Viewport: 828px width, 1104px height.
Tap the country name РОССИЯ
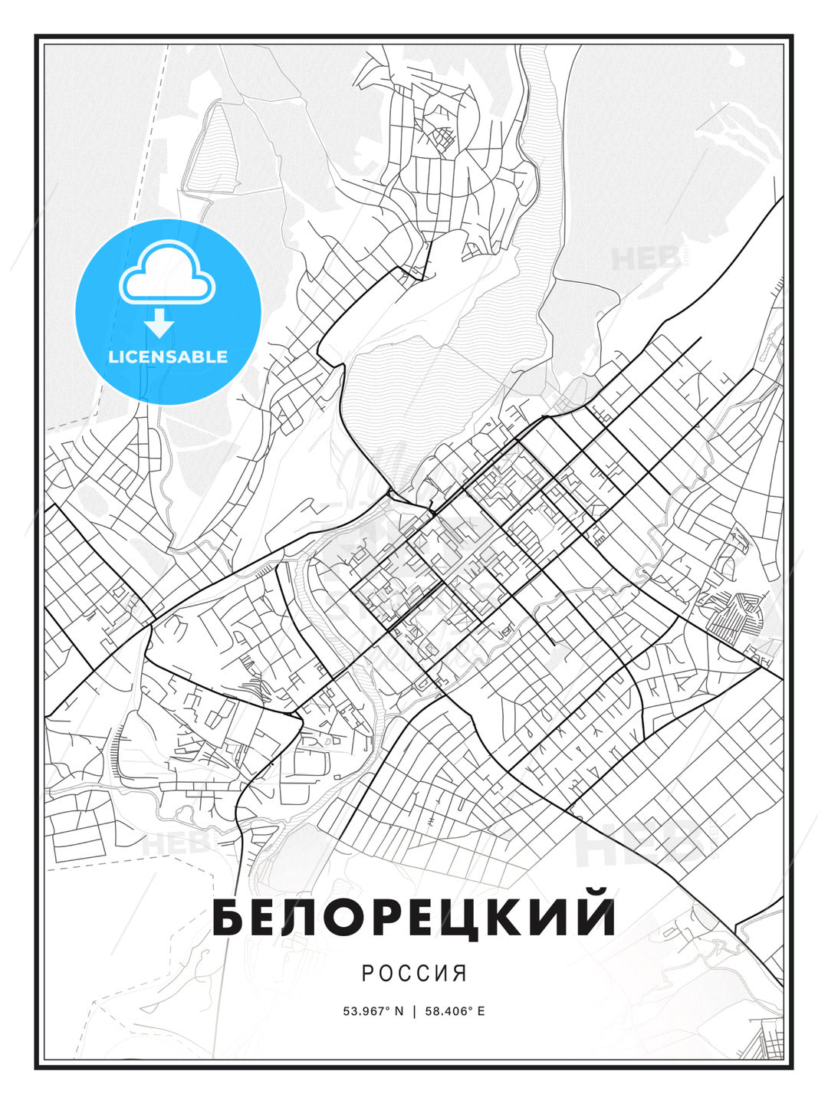pyautogui.click(x=414, y=974)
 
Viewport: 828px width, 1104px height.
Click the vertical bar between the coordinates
pyautogui.click(x=415, y=1011)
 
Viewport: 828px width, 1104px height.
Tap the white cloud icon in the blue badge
pyautogui.click(x=166, y=274)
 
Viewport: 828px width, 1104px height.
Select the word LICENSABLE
pyautogui.click(x=168, y=357)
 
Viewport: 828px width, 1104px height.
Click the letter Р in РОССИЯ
pyautogui.click(x=368, y=974)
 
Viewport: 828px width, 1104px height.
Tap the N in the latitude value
pyautogui.click(x=399, y=1011)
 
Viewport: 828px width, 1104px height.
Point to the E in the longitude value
pyautogui.click(x=481, y=1011)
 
